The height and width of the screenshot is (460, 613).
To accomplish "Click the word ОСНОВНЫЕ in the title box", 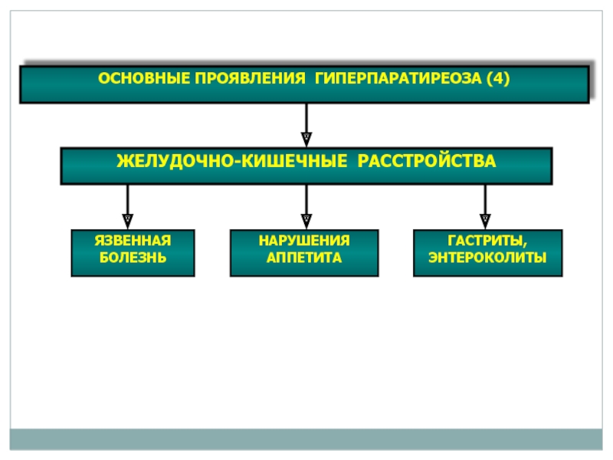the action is click(144, 78).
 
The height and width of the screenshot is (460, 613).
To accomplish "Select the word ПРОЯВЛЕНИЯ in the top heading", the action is click(251, 78).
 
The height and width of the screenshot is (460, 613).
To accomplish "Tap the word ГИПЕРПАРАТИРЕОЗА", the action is click(398, 78).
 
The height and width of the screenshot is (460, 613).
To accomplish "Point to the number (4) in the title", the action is click(498, 79).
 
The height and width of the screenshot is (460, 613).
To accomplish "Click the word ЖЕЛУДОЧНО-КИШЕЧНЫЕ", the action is click(232, 161).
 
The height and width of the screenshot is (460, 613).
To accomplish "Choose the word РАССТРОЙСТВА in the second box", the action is click(427, 161).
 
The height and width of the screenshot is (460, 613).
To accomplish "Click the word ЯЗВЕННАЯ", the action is click(133, 240).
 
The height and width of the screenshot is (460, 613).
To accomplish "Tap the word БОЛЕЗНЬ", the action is click(133, 258).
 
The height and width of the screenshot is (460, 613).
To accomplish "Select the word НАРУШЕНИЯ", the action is click(304, 240).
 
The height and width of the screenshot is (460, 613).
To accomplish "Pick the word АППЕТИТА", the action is click(304, 258).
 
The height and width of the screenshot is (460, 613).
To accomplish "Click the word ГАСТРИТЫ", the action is click(485, 240).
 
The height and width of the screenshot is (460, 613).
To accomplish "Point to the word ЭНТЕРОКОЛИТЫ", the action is click(487, 258).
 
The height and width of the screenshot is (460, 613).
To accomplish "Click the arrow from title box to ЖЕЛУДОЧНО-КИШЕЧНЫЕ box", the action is click(306, 125).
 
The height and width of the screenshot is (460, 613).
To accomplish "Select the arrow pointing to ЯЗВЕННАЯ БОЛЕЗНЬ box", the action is click(127, 206).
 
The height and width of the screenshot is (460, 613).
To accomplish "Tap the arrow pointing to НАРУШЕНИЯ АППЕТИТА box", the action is click(306, 206).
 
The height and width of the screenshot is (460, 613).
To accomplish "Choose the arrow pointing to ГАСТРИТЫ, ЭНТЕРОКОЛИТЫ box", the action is click(485, 206).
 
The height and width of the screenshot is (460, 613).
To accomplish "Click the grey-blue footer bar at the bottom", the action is click(306, 439).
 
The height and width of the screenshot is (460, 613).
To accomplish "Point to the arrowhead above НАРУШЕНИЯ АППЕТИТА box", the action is click(306, 222).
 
